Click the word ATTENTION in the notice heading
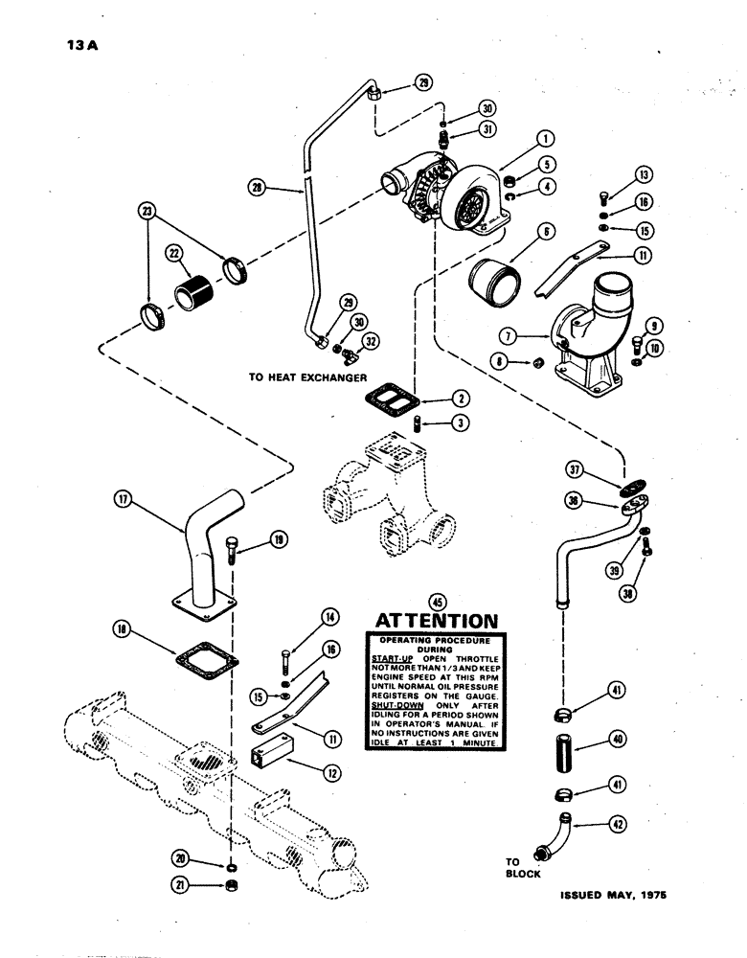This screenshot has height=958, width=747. [437, 622]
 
